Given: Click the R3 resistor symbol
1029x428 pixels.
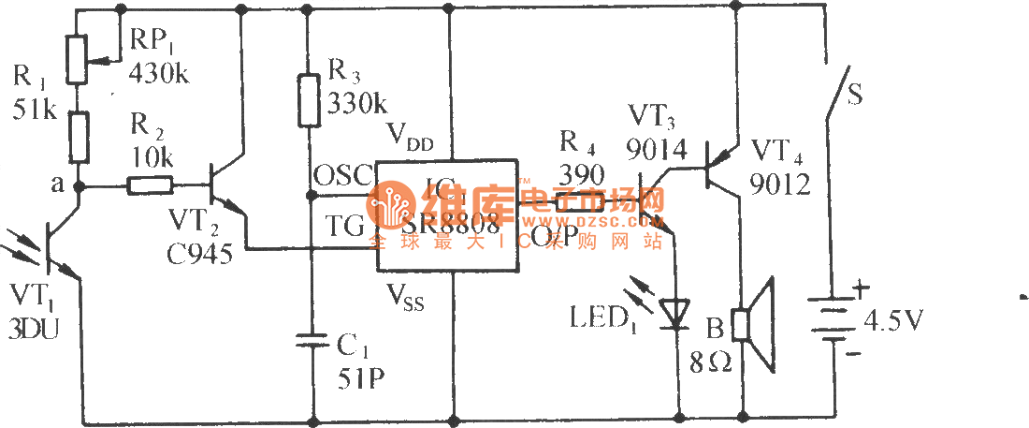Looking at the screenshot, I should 312,101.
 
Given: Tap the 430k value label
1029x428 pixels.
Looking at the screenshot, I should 160,72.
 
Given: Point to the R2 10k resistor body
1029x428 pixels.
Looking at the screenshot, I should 149,187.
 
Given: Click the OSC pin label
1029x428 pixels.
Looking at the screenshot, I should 341,176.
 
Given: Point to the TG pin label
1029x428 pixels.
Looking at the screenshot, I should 345,224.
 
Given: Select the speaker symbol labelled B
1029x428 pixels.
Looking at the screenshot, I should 756,324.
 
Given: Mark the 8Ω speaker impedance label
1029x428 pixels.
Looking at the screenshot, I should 711,362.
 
